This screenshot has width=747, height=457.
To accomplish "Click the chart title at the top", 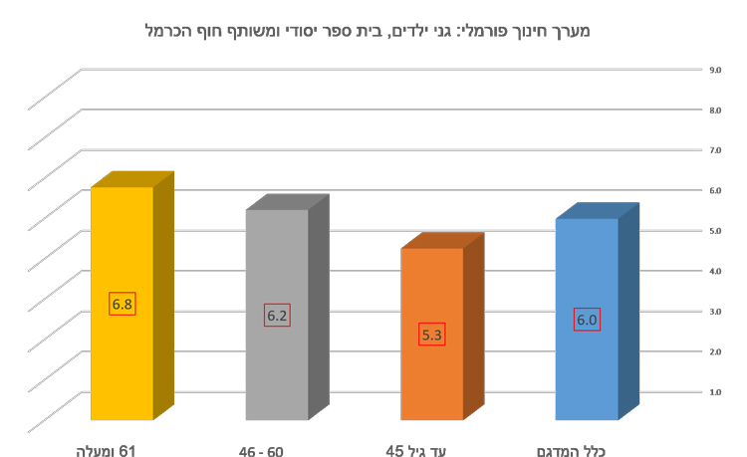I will coord(368,31).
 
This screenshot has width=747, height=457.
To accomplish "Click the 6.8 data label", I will coord(123,304).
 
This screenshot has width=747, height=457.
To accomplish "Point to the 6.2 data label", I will coord(277,316).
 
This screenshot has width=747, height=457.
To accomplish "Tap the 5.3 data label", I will coord(432,335).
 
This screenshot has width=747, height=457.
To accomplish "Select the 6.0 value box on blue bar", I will coord(587,320).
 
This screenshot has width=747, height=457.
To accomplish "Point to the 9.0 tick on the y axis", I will coord(715,70).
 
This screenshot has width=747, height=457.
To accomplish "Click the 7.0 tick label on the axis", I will coord(715,150).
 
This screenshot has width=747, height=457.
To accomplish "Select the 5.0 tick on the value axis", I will coord(715,231).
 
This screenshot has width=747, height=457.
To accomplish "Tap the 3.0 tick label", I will coord(715,312).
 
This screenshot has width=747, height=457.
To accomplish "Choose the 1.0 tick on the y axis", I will coord(715,391).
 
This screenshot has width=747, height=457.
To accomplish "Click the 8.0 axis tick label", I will coord(715,111).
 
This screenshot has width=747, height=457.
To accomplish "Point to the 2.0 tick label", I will coord(715,351).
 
